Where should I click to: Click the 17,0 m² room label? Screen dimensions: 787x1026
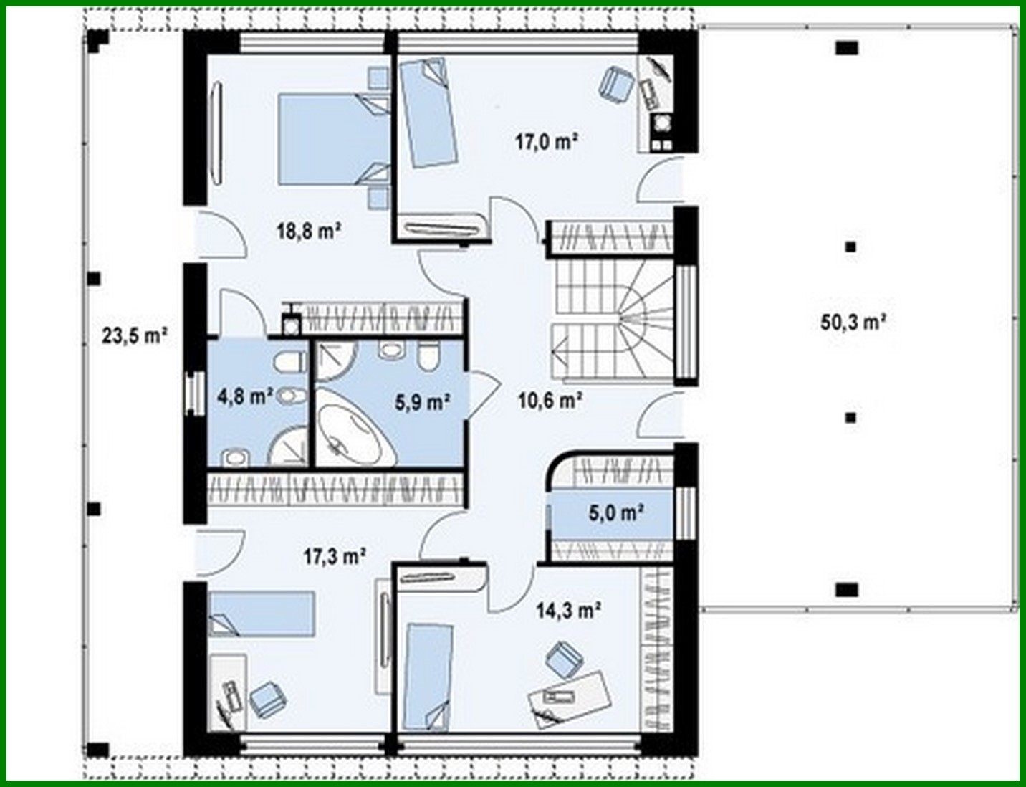[546, 141]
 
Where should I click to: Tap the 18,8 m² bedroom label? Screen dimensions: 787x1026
[308, 231]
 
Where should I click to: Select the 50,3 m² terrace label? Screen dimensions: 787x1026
[853, 322]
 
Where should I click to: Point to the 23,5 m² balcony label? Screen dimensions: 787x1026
[134, 335]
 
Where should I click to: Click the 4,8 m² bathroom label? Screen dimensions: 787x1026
[244, 396]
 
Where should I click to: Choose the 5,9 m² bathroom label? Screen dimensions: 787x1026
[422, 402]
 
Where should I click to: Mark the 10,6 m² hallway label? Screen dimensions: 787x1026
[550, 399]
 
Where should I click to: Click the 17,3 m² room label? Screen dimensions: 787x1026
[335, 555]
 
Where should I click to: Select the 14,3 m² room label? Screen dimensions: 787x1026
[568, 610]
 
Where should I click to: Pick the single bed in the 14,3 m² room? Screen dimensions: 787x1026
[429, 675]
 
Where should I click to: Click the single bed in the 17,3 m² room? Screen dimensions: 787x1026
[261, 614]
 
